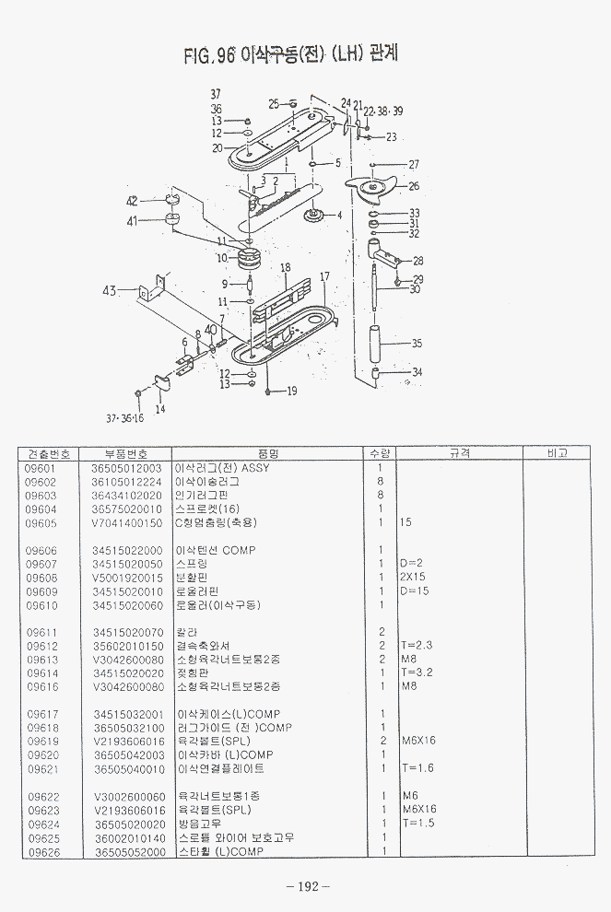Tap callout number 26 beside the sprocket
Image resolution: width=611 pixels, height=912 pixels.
pyautogui.click(x=414, y=186)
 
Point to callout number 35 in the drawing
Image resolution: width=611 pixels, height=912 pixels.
pyautogui.click(x=417, y=344)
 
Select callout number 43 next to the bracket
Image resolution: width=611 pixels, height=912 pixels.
pyautogui.click(x=111, y=291)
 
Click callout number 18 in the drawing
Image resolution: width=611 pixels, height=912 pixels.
pyautogui.click(x=286, y=267)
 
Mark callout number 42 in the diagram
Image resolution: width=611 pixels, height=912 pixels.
pyautogui.click(x=132, y=201)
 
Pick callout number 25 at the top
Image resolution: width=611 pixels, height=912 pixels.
pyautogui.click(x=274, y=103)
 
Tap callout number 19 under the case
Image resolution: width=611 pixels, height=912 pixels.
pyautogui.click(x=291, y=391)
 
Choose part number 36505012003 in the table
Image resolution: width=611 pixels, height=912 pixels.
pyautogui.click(x=126, y=468)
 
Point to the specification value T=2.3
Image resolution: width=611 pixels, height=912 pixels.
pyautogui.click(x=417, y=646)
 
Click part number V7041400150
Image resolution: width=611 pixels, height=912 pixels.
pyautogui.click(x=126, y=522)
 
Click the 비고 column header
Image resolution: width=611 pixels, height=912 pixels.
pyautogui.click(x=557, y=453)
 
